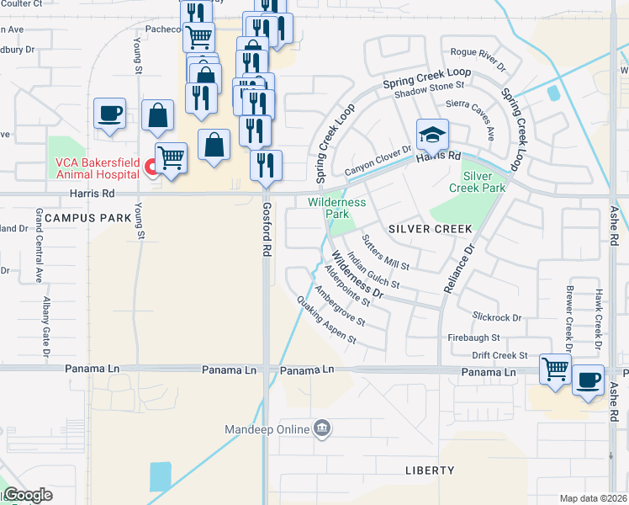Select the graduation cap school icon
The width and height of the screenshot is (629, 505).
click(432, 136)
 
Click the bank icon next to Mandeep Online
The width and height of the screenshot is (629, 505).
click(321, 430)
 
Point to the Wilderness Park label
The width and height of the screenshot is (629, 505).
click(336, 208)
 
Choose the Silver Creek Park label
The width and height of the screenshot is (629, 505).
click(484, 182)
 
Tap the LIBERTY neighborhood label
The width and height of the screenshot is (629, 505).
click(429, 470)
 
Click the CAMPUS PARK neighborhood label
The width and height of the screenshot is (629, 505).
click(88, 218)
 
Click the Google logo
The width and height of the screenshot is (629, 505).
click(27, 496)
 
